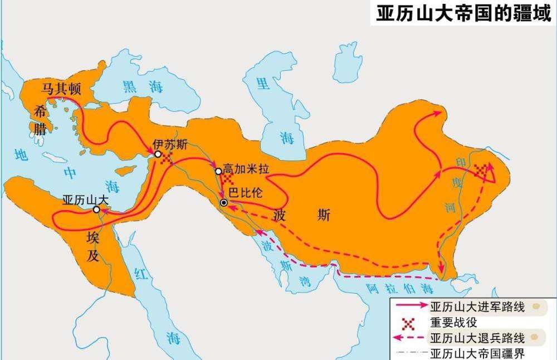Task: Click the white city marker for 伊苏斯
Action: pos(158,154)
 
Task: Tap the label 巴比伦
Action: pos(245,194)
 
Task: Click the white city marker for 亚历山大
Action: pos(96,210)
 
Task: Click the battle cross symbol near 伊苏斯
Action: pos(166,159)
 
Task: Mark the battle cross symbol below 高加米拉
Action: pos(228,179)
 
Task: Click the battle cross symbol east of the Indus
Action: pos(480,172)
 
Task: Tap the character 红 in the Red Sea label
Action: pos(139,273)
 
